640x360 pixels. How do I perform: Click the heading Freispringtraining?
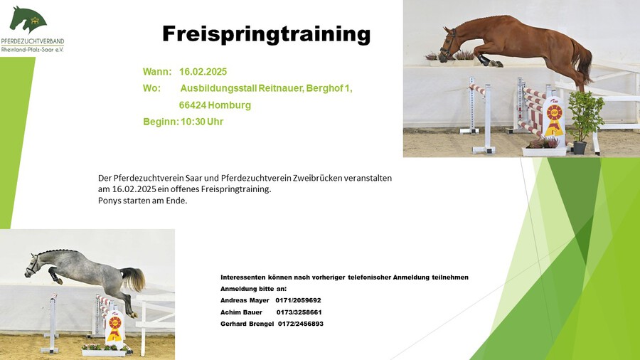266,34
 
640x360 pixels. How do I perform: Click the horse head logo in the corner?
28,19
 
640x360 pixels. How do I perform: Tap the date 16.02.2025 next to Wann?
203,72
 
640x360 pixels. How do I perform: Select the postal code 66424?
193,105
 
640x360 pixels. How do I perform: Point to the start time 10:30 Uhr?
202,122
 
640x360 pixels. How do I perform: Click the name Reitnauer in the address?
281,88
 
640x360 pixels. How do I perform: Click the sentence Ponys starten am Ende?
142,201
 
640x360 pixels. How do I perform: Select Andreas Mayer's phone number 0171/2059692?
298,300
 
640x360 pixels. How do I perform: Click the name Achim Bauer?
241,312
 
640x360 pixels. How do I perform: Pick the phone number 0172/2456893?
300,324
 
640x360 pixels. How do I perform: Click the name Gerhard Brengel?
247,324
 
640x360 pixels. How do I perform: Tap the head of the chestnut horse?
449,44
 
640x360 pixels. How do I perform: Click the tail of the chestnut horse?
582,61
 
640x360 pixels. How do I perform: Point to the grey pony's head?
33,265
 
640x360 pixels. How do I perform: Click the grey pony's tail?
134,278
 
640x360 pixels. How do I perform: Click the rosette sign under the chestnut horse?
554,117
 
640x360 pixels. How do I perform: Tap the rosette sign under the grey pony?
115,327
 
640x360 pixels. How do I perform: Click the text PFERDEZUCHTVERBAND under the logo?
33,42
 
